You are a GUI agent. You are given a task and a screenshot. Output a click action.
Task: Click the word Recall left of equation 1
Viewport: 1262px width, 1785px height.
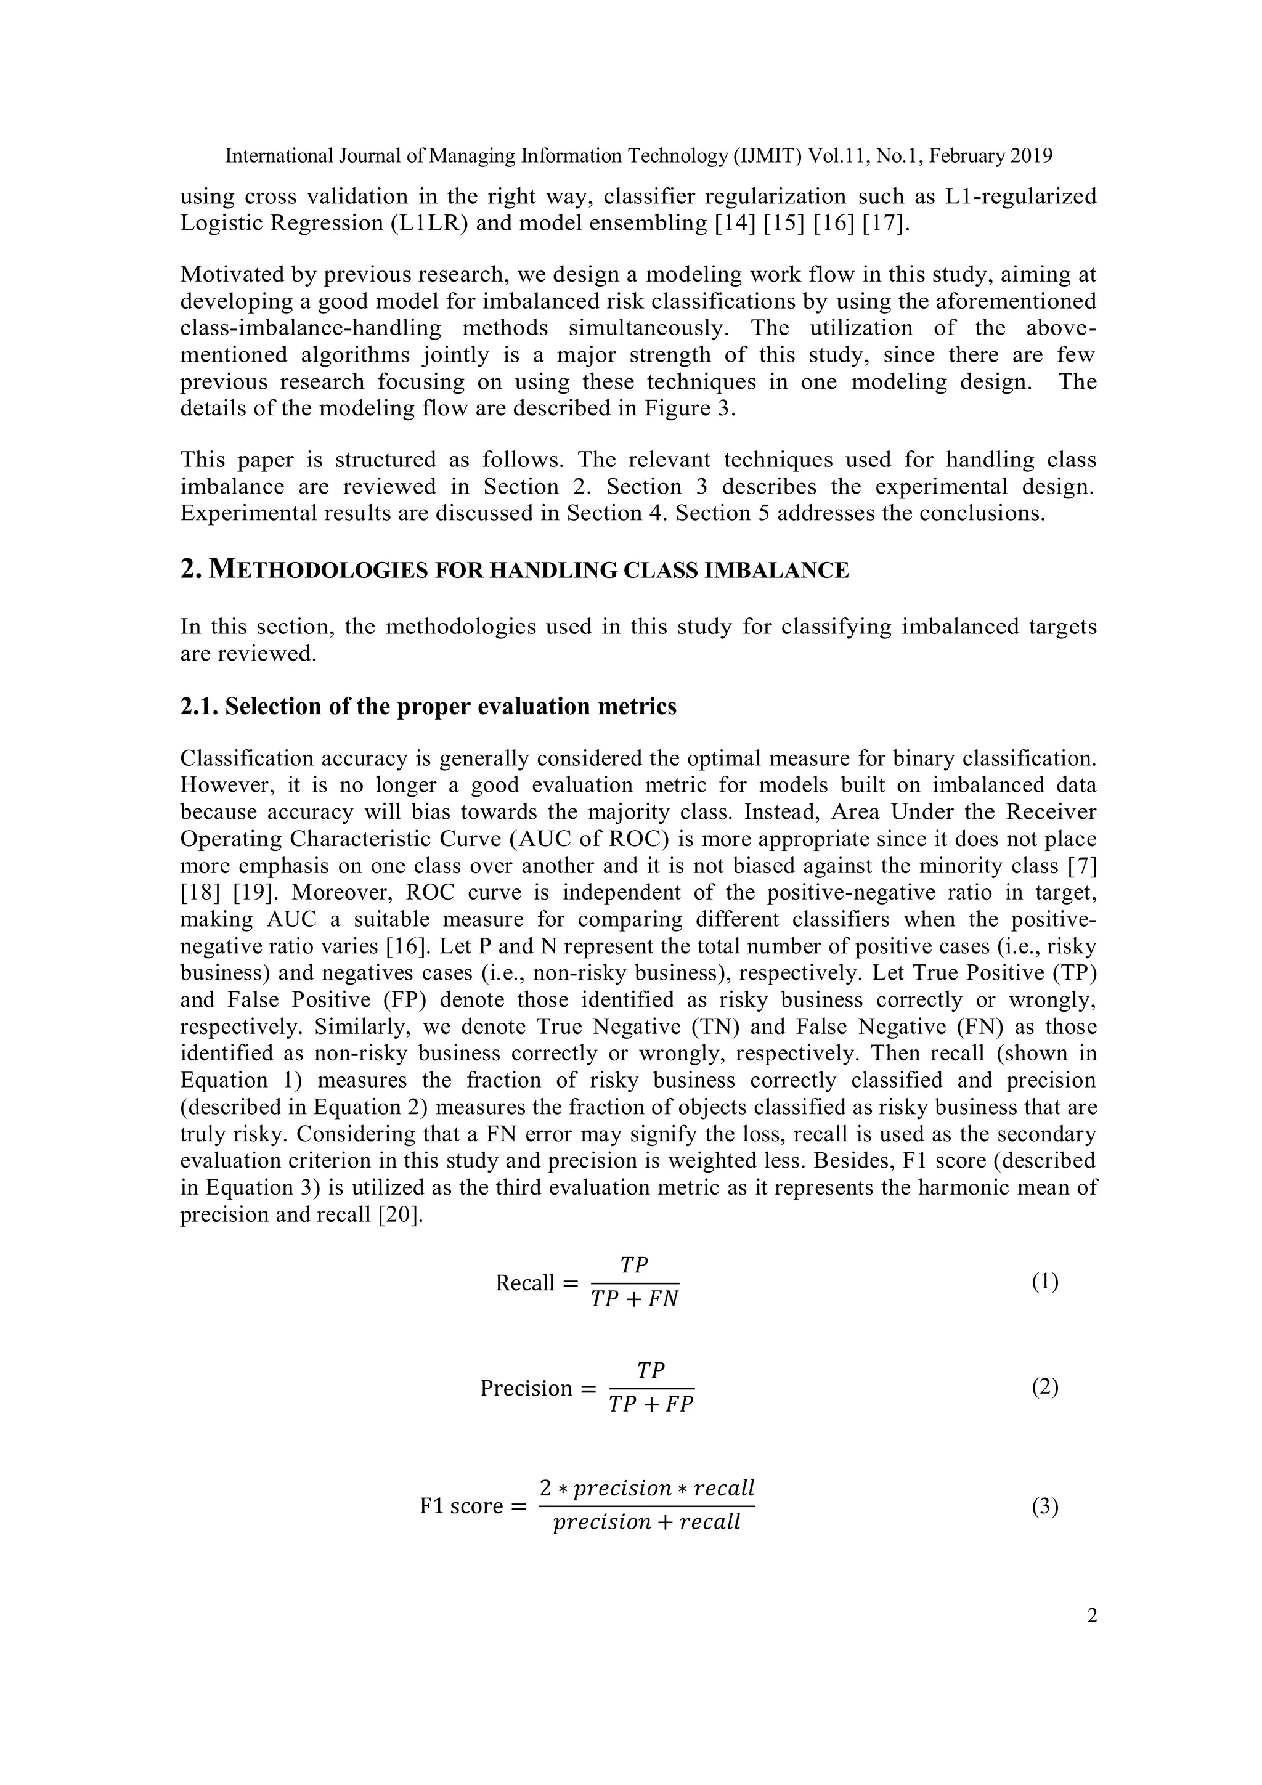525,1283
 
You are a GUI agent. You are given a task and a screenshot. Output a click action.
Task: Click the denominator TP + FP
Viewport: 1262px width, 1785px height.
651,1405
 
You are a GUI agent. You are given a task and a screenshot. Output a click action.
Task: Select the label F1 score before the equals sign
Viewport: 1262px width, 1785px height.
461,1506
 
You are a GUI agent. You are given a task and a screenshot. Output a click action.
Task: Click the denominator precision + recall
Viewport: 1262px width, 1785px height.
646,1523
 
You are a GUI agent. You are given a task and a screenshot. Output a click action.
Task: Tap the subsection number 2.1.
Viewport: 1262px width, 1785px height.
198,707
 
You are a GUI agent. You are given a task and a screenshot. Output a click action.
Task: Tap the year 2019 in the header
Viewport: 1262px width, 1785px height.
1031,157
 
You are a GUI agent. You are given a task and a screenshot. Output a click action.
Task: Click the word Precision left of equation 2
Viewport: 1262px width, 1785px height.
526,1389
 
